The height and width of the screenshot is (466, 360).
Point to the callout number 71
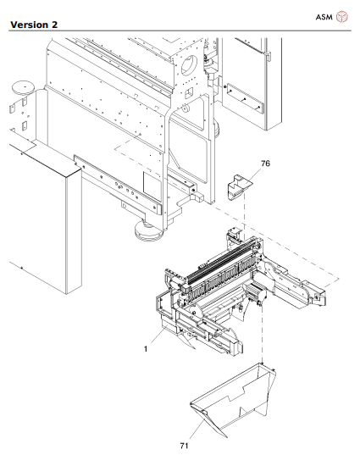pos(184,443)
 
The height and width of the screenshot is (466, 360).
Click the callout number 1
pos(146,347)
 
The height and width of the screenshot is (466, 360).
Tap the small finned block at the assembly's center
pos(252,294)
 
